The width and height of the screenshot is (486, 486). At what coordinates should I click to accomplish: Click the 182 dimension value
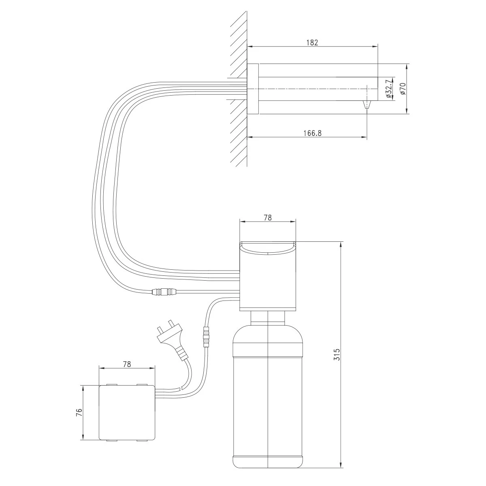coord(312,43)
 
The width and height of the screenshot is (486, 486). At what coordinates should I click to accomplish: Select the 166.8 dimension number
coord(312,133)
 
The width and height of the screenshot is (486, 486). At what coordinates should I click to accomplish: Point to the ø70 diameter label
coord(403,89)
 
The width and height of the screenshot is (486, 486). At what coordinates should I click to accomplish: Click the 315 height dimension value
coord(337,355)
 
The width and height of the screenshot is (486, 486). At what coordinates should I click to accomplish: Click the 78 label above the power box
coord(127,364)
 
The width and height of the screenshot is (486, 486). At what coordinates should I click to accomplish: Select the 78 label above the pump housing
coord(268,217)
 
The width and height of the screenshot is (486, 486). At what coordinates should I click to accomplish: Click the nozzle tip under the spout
coord(367,104)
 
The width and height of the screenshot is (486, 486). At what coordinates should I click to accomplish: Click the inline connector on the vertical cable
coord(206,337)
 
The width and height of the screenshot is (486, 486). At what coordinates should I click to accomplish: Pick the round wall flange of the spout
coord(253,89)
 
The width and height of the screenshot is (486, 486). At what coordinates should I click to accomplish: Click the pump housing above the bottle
coord(268,276)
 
